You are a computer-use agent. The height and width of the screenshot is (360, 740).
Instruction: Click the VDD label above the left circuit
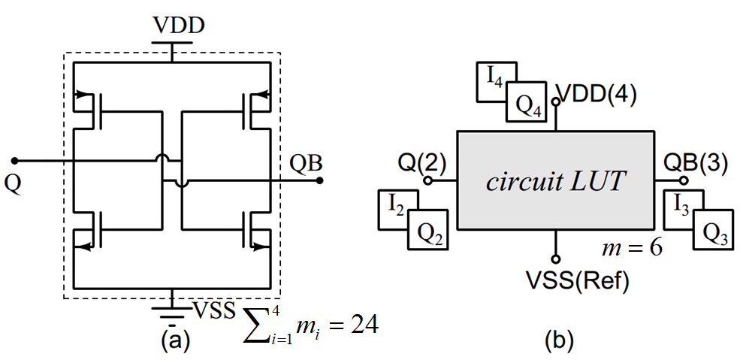point(178,26)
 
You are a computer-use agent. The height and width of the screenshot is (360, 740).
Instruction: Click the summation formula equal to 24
point(310,327)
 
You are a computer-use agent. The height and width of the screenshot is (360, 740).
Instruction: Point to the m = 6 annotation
point(633,249)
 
